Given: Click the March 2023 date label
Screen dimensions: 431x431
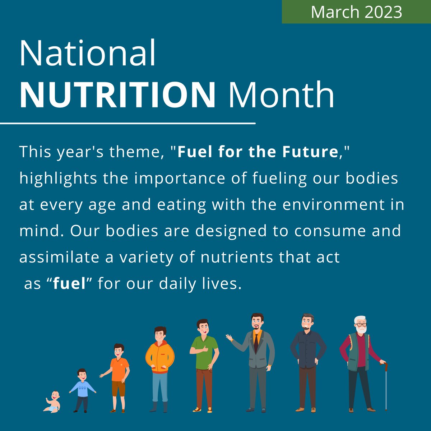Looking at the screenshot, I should click(356, 12).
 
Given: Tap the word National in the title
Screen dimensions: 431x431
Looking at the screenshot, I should click(88, 54).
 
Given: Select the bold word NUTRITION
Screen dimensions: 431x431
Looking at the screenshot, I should click(117, 95).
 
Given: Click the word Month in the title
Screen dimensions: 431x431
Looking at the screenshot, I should click(281, 95).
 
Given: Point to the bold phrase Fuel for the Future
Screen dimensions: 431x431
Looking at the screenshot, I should click(258, 152).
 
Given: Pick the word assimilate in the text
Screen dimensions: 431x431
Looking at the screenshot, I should click(59, 257).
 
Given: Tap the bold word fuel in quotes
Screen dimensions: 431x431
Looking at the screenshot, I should click(70, 284).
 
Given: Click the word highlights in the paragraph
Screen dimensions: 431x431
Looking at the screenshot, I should click(58, 179).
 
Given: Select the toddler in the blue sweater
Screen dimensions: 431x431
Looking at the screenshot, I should click(82, 389).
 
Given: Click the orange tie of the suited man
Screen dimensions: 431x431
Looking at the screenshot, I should click(256, 341).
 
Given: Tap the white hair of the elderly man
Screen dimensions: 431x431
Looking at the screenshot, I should click(360, 319).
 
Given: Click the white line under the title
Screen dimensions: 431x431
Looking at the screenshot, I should click(128, 123).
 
